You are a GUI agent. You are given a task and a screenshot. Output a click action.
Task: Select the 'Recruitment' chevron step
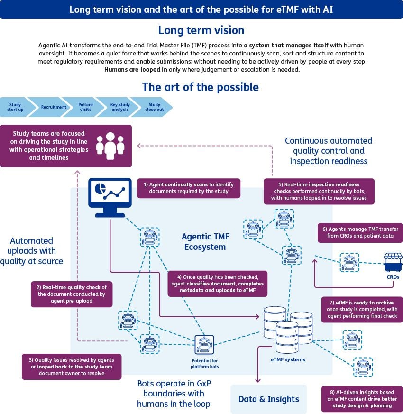(53, 107)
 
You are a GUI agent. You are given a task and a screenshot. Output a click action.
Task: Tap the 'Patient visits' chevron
(86, 107)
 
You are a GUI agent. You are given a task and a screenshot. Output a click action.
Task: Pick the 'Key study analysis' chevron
(119, 107)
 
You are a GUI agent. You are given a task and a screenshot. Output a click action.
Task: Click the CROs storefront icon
(393, 262)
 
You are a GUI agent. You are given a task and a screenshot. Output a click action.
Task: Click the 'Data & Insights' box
(268, 399)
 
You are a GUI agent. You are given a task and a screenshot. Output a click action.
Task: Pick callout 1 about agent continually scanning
(189, 188)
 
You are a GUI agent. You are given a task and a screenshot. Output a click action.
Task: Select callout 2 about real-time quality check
(72, 294)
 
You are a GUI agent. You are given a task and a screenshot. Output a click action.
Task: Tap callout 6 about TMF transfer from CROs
(360, 232)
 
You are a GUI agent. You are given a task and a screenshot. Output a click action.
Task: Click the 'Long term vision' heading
(201, 30)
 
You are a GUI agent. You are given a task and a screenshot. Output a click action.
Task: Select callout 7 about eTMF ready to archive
(362, 309)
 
